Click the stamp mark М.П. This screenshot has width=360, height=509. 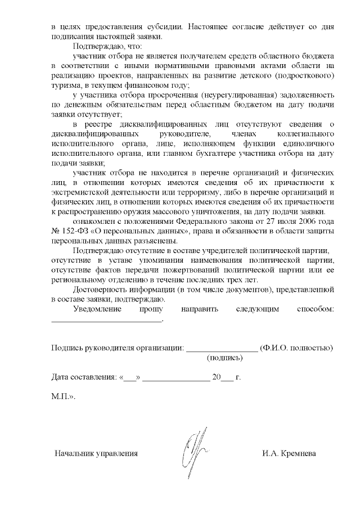(x=62, y=396)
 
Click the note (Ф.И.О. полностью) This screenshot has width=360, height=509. (x=296, y=348)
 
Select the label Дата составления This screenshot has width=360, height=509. (x=82, y=376)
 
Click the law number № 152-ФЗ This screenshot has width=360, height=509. (x=70, y=233)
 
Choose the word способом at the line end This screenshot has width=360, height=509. (x=315, y=309)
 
